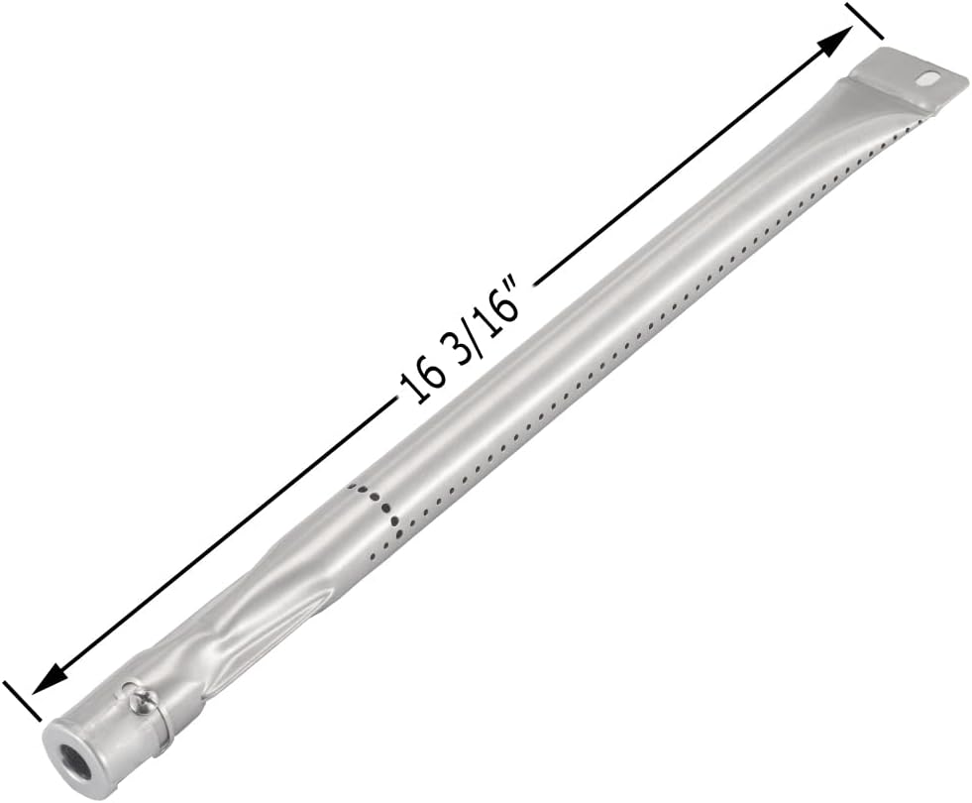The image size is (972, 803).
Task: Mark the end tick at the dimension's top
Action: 864,21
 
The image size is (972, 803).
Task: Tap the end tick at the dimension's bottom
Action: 22,700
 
